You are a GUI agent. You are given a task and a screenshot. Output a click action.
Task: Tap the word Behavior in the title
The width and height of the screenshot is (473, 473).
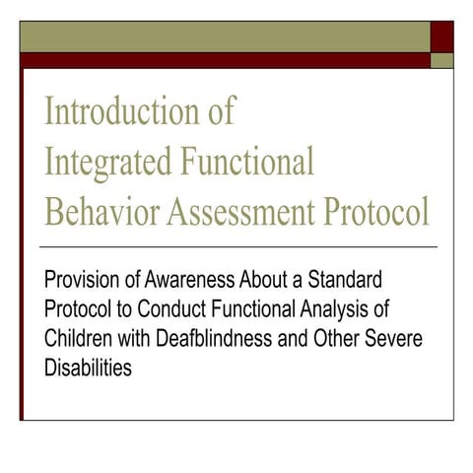pos(96,210)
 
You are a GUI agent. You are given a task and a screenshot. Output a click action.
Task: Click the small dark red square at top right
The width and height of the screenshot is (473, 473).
pos(440,35)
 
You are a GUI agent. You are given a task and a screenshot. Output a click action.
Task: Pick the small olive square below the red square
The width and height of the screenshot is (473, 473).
pos(440,60)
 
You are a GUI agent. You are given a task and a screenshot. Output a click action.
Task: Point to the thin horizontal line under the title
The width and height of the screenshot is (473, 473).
pos(236,245)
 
